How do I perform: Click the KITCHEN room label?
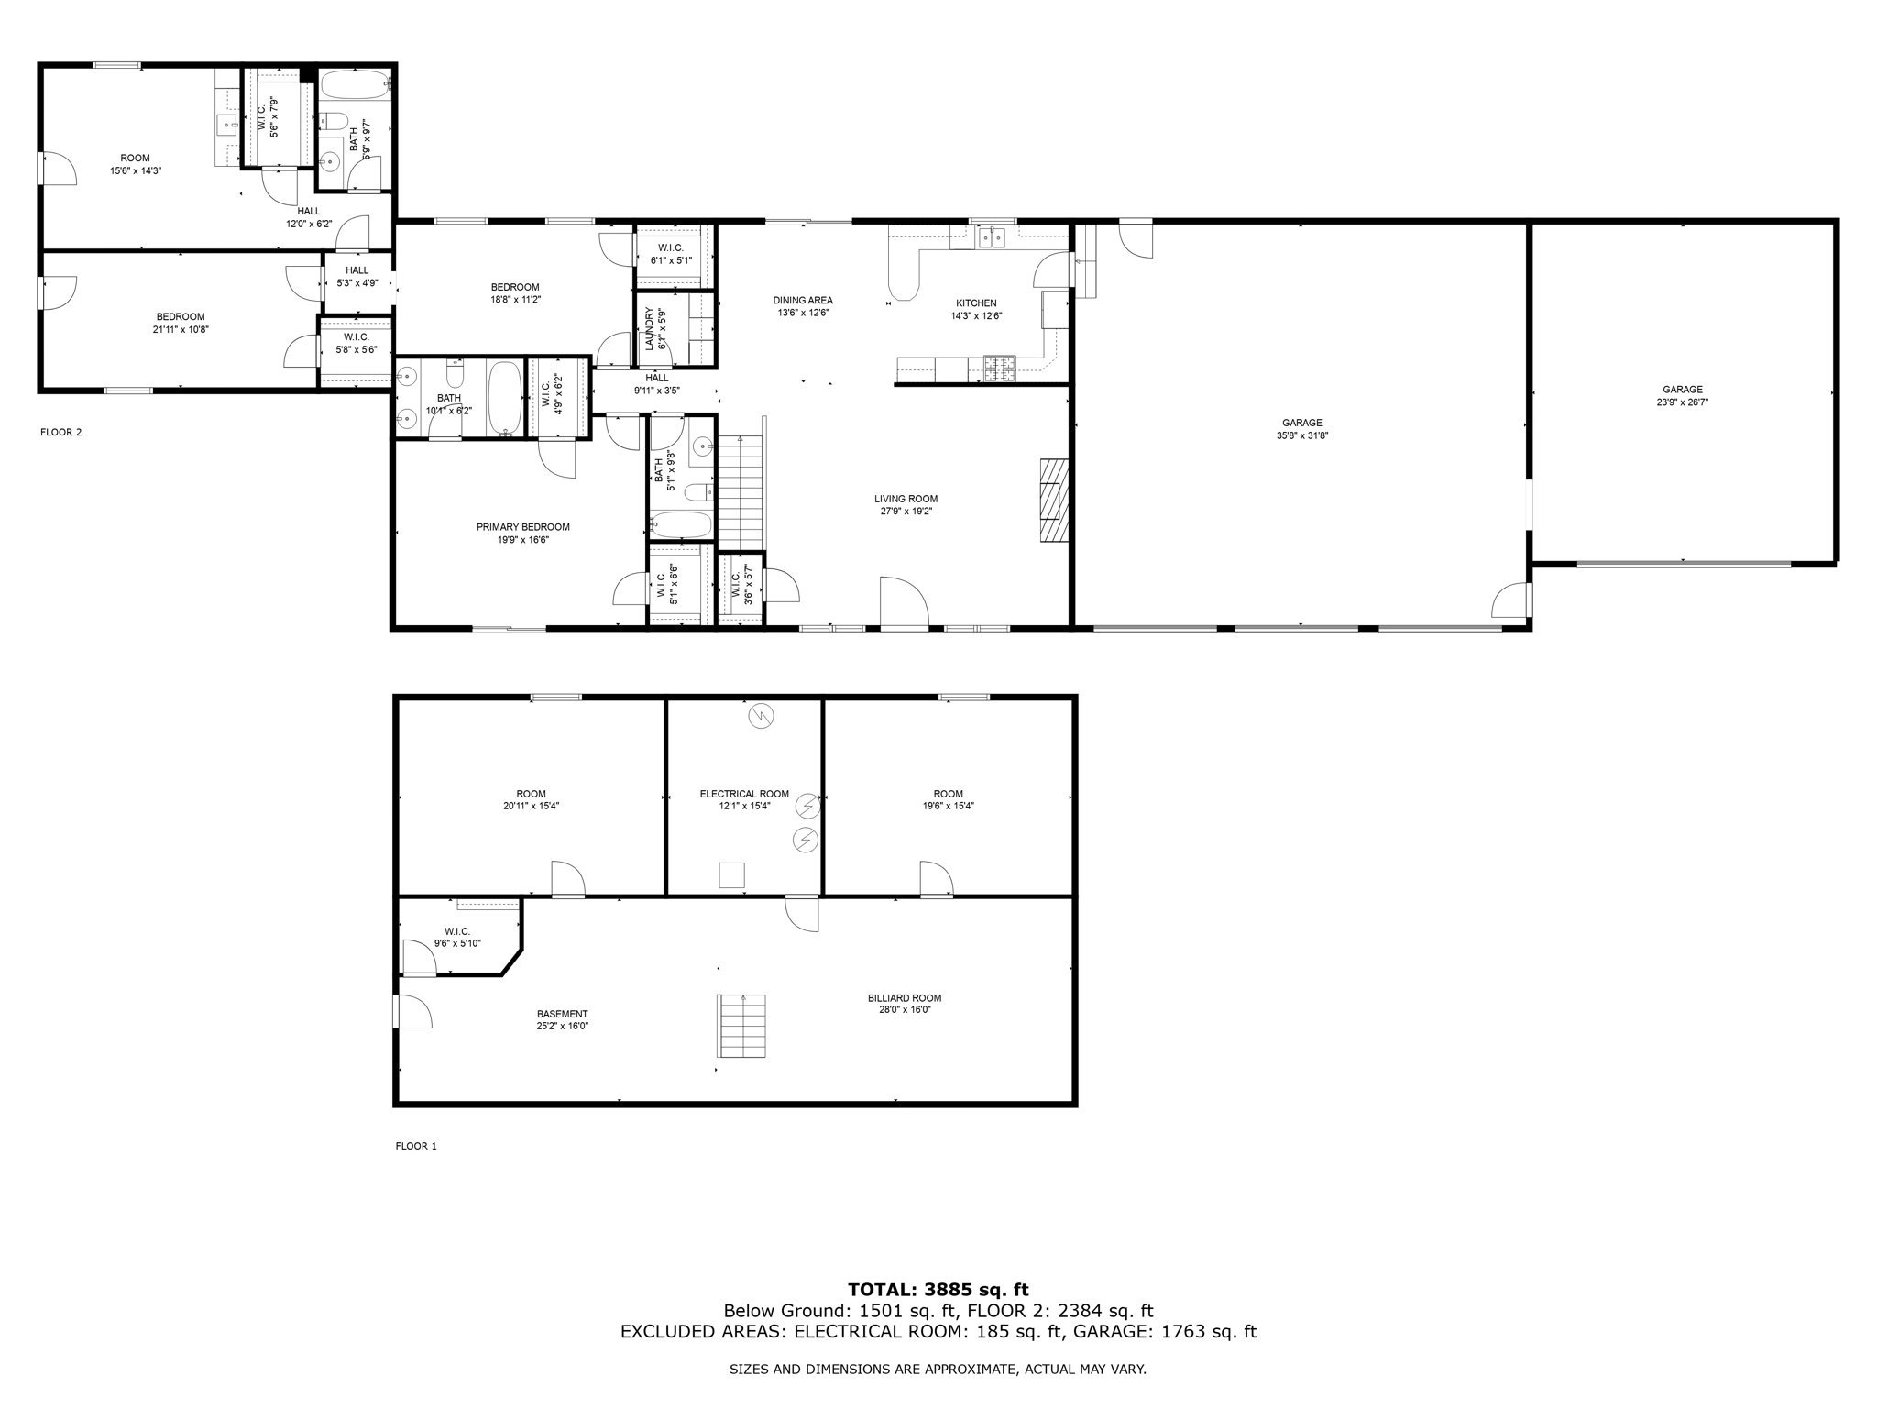click(976, 303)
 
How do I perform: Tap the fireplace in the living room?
click(1054, 500)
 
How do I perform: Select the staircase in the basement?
click(741, 1026)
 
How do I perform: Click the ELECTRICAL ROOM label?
click(744, 794)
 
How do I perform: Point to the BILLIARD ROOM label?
click(905, 998)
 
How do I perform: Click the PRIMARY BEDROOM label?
click(522, 527)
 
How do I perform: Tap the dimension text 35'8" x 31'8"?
click(1301, 435)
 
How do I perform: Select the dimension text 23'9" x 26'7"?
click(1683, 401)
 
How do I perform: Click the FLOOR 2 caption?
click(61, 432)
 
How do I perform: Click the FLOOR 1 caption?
click(416, 1146)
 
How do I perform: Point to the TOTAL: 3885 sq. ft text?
click(938, 1290)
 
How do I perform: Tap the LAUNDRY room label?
click(650, 328)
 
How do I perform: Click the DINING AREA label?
click(803, 300)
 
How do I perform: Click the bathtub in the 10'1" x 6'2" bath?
click(504, 398)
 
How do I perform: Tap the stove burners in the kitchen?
click(1000, 368)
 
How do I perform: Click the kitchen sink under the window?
click(992, 238)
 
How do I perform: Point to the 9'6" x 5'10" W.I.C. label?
click(457, 931)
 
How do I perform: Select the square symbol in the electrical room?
click(731, 875)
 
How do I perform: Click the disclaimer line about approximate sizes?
click(938, 1369)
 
